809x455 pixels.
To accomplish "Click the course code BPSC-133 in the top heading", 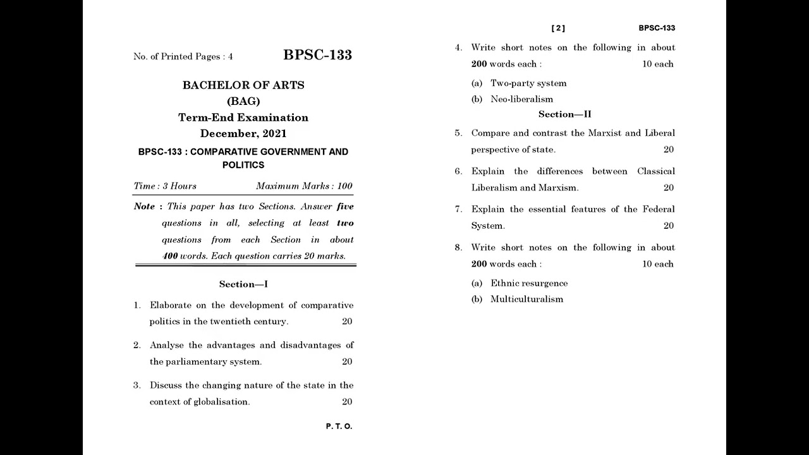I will coord(317,55).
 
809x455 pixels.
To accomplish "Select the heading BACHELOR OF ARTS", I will coord(243,85).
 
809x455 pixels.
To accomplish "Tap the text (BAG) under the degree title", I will coord(243,101).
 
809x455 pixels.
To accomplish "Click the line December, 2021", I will coord(243,133).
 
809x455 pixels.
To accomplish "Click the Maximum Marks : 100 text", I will coord(304,186).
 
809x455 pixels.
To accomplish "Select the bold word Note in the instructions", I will coord(144,207).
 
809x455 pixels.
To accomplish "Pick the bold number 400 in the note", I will coord(170,256).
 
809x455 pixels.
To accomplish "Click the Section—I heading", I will coord(243,284).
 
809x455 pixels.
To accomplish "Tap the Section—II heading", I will coord(564,114).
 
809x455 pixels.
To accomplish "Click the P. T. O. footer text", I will coord(339,427).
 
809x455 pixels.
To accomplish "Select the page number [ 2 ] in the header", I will coord(558,28).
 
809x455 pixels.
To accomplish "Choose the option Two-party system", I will coord(528,83).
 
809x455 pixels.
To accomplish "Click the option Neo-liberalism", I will coord(521,99).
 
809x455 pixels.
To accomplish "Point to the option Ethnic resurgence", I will coord(529,283).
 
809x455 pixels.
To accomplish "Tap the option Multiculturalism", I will coord(526,300).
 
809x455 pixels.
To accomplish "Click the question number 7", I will coord(458,209).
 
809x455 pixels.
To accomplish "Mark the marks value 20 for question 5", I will coord(668,150).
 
